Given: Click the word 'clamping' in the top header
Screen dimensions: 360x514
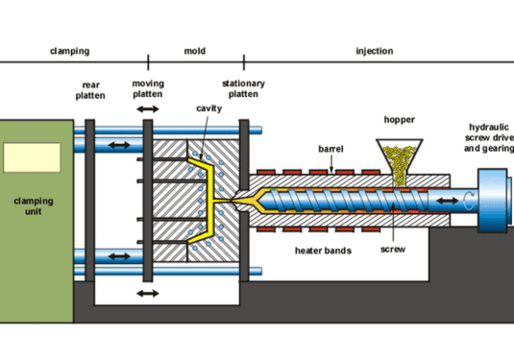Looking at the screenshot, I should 70,51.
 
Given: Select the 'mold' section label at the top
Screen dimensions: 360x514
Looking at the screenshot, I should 195,51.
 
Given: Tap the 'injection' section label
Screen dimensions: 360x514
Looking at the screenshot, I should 375,51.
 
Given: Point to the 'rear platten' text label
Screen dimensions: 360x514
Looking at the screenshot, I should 92,90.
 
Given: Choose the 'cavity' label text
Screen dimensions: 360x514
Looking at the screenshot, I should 210,109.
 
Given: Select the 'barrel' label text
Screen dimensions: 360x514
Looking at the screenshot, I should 330,149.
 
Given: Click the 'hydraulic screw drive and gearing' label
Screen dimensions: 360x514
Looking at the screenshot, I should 490,138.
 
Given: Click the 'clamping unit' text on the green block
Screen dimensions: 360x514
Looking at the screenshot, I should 36,207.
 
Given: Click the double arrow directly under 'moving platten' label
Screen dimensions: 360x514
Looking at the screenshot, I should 148,112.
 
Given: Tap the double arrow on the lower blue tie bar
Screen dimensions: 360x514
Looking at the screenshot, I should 119,255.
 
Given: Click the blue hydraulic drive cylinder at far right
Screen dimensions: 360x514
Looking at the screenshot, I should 494,199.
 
